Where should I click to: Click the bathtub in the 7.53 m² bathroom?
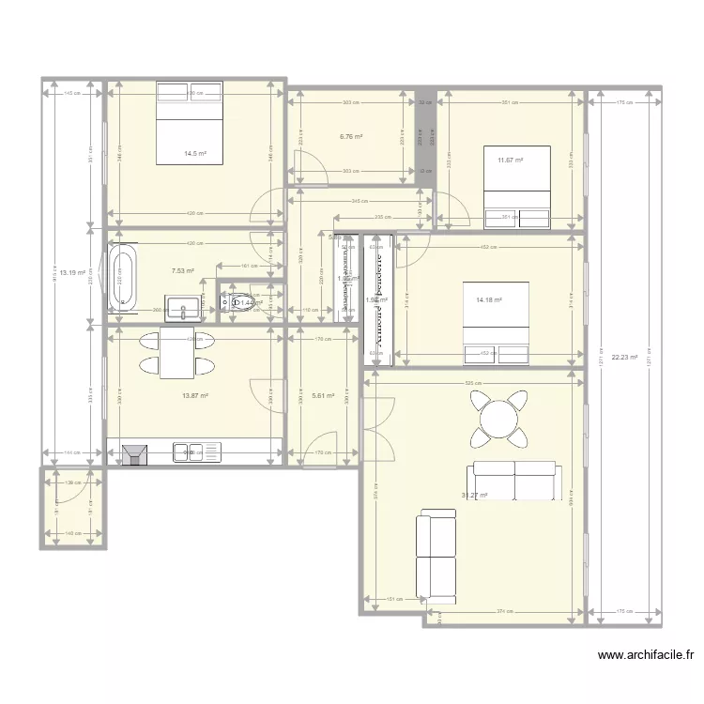coord(123,278)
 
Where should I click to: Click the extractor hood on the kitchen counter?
coord(135,454)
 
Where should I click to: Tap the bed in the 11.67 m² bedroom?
coord(514,186)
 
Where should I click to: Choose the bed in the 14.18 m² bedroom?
coord(497,322)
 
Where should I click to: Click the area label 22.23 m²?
coord(624,357)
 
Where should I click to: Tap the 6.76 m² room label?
coord(350,136)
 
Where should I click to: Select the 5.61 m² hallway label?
coord(323,396)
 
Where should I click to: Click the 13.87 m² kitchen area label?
coord(194,396)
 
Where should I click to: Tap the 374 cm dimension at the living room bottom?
coord(505,611)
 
